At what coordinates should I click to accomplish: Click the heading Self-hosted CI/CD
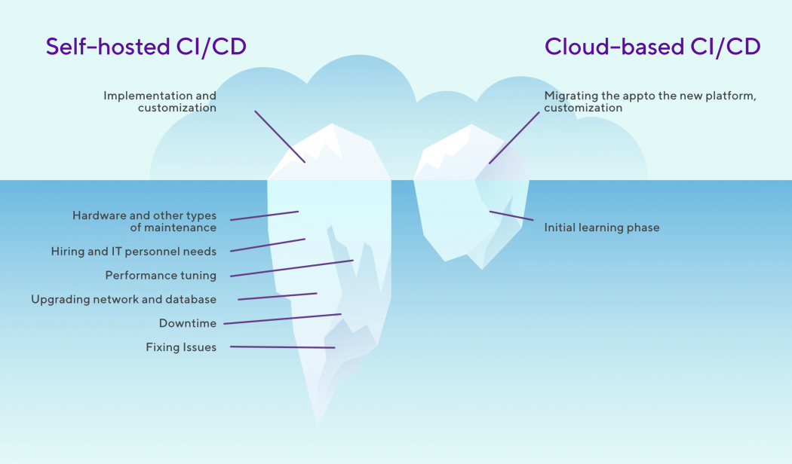click(146, 47)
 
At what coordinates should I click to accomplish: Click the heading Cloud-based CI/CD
click(652, 47)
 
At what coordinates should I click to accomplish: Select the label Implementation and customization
click(160, 102)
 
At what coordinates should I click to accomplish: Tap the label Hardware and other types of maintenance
click(144, 221)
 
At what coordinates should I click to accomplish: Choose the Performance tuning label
click(161, 276)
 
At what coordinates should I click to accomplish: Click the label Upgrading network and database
click(124, 300)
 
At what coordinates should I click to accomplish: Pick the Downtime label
click(187, 324)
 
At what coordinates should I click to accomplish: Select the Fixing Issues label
click(181, 348)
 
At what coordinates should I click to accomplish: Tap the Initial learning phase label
click(602, 227)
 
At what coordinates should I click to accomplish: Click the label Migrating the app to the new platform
click(649, 102)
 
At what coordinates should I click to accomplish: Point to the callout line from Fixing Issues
click(282, 347)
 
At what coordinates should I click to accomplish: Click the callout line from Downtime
click(282, 319)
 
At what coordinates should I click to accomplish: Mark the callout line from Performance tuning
click(291, 268)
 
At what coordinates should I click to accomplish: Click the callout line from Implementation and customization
click(280, 136)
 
